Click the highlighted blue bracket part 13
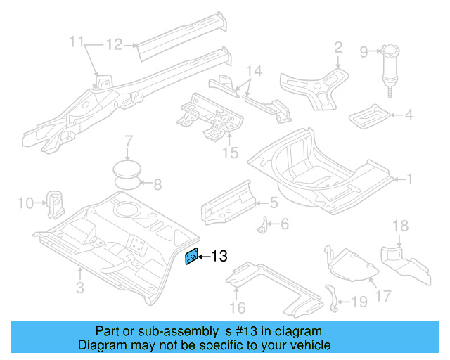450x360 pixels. pyautogui.click(x=191, y=257)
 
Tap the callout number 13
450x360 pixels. pyautogui.click(x=219, y=257)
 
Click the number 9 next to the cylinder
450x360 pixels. pyautogui.click(x=364, y=51)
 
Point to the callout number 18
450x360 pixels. pyautogui.click(x=400, y=225)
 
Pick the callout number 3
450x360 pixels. pyautogui.click(x=79, y=287)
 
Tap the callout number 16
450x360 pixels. pyautogui.click(x=239, y=308)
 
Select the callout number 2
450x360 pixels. pyautogui.click(x=338, y=47)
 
